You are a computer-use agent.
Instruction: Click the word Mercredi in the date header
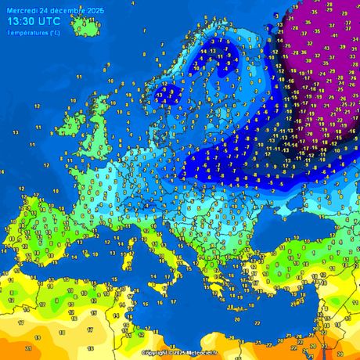click(21, 10)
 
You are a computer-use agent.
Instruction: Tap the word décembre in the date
click(66, 10)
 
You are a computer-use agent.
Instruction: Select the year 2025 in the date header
click(95, 10)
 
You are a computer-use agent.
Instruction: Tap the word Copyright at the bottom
click(155, 353)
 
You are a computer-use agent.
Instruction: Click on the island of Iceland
click(86, 27)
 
